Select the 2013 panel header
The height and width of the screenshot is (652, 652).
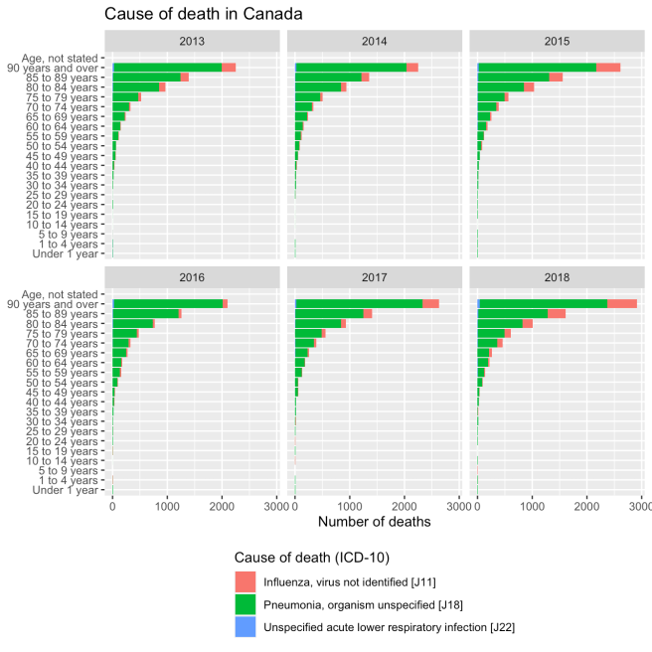tap(195, 43)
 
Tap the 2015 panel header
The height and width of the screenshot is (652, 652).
tap(560, 43)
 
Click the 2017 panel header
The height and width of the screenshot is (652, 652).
tap(377, 279)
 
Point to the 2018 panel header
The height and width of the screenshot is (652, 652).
tap(560, 279)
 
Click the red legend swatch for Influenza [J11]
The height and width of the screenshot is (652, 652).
tap(245, 580)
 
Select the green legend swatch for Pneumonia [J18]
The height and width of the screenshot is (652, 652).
tap(245, 603)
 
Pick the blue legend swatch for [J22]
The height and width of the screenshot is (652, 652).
tap(245, 626)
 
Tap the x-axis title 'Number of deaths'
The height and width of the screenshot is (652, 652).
tap(377, 521)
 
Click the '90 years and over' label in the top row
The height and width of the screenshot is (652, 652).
tap(62, 68)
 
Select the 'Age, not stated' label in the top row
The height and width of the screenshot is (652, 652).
tap(66, 58)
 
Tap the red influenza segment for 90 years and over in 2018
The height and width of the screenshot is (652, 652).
tap(622, 303)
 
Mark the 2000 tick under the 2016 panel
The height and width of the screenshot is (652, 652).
tap(223, 505)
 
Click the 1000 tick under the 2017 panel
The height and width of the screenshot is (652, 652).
tap(350, 505)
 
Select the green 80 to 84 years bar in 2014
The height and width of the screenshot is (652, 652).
tap(318, 86)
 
